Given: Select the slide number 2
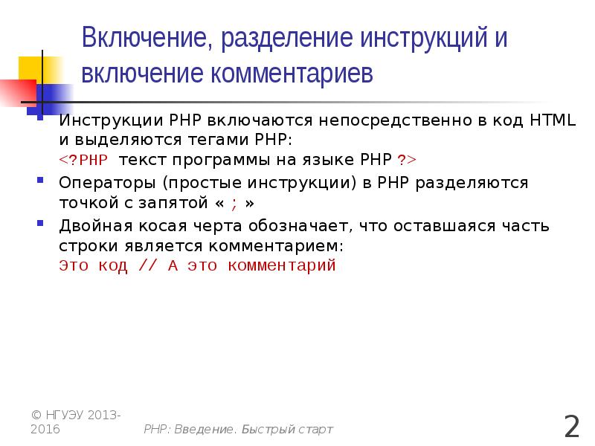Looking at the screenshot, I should click(x=571, y=427).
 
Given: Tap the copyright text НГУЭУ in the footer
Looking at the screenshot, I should click(x=65, y=414).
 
